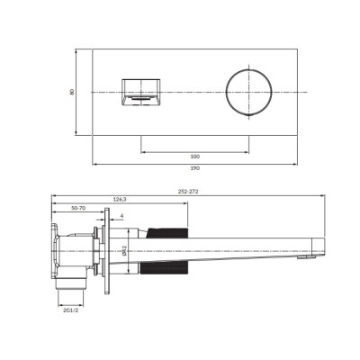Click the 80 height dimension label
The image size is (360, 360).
(72, 92)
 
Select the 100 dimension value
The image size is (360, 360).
(195, 157)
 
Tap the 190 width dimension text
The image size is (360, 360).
(195, 168)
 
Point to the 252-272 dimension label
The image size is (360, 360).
(188, 192)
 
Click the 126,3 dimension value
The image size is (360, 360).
(120, 199)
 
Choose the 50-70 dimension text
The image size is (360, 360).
(78, 208)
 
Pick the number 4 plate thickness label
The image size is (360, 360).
(121, 215)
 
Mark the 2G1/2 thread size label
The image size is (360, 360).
(71, 310)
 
